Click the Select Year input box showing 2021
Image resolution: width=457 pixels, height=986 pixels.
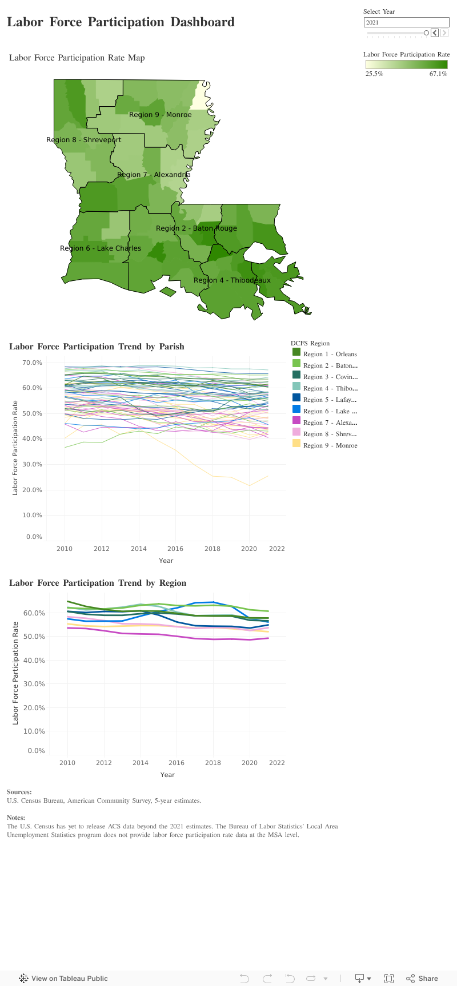pyautogui.click(x=406, y=23)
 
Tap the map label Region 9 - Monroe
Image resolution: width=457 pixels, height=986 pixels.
pyautogui.click(x=160, y=115)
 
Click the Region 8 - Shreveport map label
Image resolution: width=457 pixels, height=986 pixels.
pyautogui.click(x=83, y=140)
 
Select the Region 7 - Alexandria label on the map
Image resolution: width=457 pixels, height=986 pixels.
pyautogui.click(x=154, y=175)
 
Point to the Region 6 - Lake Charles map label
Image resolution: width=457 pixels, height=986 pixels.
pyautogui.click(x=101, y=248)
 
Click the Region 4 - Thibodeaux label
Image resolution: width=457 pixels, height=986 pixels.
pyautogui.click(x=232, y=280)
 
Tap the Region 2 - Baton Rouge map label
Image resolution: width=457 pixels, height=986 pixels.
pyautogui.click(x=196, y=228)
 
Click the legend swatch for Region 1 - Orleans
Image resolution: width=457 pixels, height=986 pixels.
pyautogui.click(x=296, y=354)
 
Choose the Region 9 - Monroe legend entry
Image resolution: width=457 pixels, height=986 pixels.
pyautogui.click(x=330, y=445)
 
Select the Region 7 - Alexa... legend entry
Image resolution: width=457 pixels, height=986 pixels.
pyautogui.click(x=330, y=422)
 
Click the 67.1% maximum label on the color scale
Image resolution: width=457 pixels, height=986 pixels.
pyautogui.click(x=438, y=74)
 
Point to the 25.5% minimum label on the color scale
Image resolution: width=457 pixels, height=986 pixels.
pyautogui.click(x=374, y=74)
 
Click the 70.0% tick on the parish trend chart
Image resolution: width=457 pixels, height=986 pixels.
pyautogui.click(x=32, y=363)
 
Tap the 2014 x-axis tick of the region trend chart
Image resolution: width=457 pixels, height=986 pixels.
pyautogui.click(x=140, y=763)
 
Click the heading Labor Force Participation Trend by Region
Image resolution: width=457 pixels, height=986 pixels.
pyautogui.click(x=98, y=583)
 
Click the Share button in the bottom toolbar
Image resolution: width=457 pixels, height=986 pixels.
pyautogui.click(x=422, y=978)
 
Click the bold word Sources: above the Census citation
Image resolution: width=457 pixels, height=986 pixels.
pyautogui.click(x=19, y=792)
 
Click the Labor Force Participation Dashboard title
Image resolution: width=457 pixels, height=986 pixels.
pyautogui.click(x=121, y=22)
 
